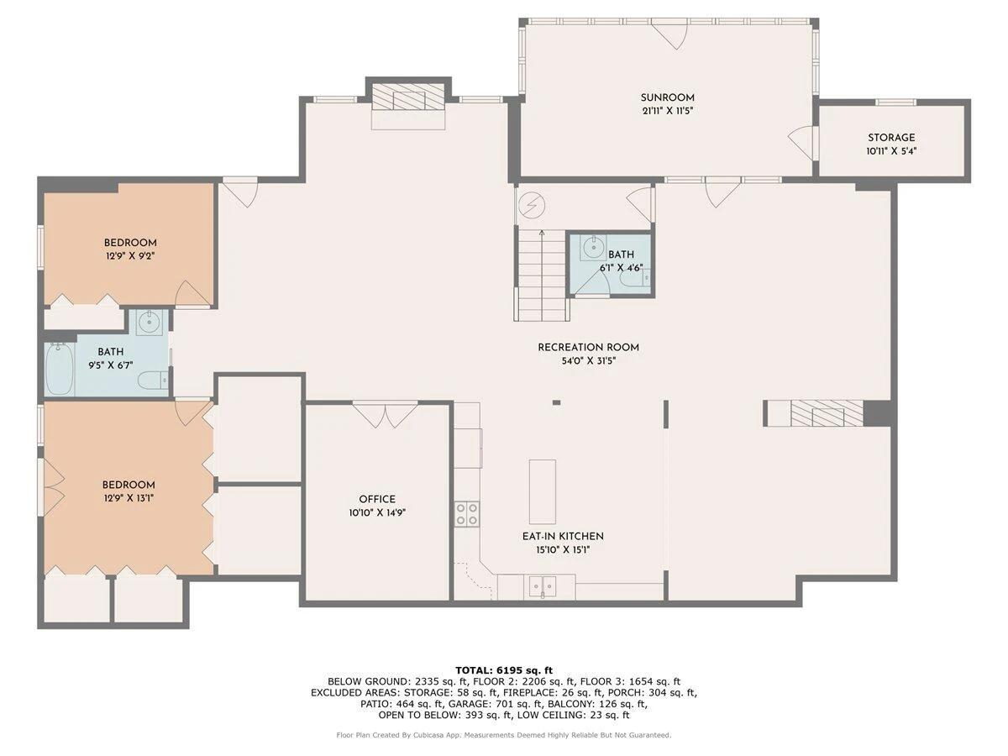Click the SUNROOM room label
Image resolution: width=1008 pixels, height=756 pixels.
pyautogui.click(x=667, y=97)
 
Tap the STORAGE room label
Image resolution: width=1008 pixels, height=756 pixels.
pyautogui.click(x=891, y=138)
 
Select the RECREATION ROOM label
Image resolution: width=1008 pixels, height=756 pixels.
pyautogui.click(x=588, y=348)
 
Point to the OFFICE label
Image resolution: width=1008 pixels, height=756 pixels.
pyautogui.click(x=377, y=499)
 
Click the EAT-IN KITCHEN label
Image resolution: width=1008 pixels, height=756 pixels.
pyautogui.click(x=563, y=536)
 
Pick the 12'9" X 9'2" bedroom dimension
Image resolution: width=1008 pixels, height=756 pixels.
pyautogui.click(x=130, y=256)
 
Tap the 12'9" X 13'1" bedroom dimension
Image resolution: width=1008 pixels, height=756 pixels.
pyautogui.click(x=129, y=498)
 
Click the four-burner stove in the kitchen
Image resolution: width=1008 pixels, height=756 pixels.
pyautogui.click(x=467, y=514)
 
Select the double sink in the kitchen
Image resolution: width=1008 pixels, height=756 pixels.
pyautogui.click(x=543, y=586)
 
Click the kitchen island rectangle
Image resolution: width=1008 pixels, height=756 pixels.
pyautogui.click(x=543, y=491)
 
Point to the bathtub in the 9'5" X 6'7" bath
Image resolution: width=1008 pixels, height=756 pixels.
pyautogui.click(x=60, y=370)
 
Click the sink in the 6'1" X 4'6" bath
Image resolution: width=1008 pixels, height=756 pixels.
pyautogui.click(x=592, y=248)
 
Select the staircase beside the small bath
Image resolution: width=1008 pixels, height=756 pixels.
pyautogui.click(x=542, y=275)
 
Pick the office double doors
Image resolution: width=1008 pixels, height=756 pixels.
pyautogui.click(x=386, y=414)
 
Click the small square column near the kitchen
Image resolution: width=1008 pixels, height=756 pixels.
pyautogui.click(x=556, y=402)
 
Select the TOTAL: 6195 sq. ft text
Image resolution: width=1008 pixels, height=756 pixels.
pyautogui.click(x=504, y=670)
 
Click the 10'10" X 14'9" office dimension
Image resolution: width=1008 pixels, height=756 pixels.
pyautogui.click(x=377, y=512)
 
